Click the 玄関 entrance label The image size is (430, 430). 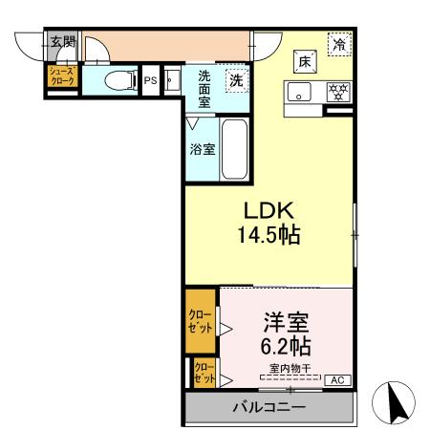(62, 41)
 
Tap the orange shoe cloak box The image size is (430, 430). (61, 77)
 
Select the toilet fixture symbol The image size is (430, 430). (117, 79)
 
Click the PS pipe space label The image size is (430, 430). (150, 80)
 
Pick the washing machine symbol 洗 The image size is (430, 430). (235, 81)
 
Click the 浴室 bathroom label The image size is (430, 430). (201, 150)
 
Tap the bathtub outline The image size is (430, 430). (235, 150)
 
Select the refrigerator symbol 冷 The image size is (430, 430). (339, 44)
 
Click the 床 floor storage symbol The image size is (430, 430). (305, 60)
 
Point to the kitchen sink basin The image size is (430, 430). (300, 93)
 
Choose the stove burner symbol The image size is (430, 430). (337, 93)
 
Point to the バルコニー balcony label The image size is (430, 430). (269, 408)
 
